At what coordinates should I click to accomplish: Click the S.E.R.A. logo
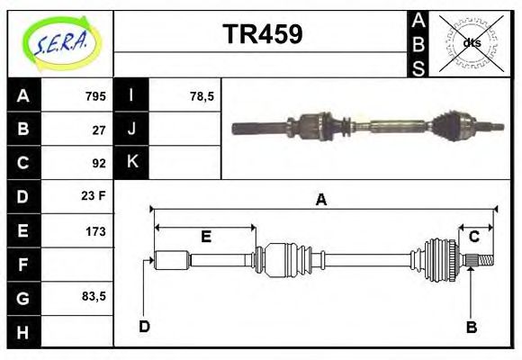click(x=60, y=43)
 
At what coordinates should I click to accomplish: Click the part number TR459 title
click(x=262, y=34)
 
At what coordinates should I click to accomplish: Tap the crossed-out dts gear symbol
click(x=472, y=42)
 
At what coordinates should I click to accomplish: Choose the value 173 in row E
click(x=95, y=230)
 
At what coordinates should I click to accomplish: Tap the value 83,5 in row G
click(x=93, y=296)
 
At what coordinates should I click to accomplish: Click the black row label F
click(x=23, y=265)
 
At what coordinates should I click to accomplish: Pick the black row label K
click(x=131, y=163)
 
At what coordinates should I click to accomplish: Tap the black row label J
click(x=131, y=129)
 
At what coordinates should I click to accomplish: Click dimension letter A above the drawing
click(x=320, y=201)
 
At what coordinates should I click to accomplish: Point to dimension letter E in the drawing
click(x=205, y=237)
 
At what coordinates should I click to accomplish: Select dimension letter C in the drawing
click(x=473, y=237)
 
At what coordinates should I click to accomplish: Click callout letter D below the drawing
click(x=144, y=326)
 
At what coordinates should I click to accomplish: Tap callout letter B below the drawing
click(x=471, y=327)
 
